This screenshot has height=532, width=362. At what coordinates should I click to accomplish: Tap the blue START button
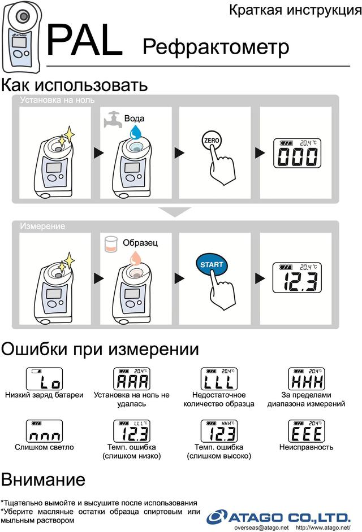pos(212,264)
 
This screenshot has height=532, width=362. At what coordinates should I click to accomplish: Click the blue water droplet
pos(136,132)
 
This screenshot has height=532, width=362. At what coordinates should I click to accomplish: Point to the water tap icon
pos(112,119)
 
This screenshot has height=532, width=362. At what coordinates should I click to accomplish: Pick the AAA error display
pos(131,378)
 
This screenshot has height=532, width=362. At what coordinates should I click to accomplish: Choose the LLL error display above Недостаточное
pos(219,378)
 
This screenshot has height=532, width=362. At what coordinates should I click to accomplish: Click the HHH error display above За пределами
pos(305,378)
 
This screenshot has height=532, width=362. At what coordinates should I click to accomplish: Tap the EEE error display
pos(305,431)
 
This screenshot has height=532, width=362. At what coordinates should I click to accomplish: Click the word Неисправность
pos(306,448)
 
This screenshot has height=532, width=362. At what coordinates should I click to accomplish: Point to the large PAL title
pos(84,41)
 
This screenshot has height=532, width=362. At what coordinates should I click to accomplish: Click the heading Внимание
pos(43,479)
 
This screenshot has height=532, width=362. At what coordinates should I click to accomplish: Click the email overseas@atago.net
pos(261,527)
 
